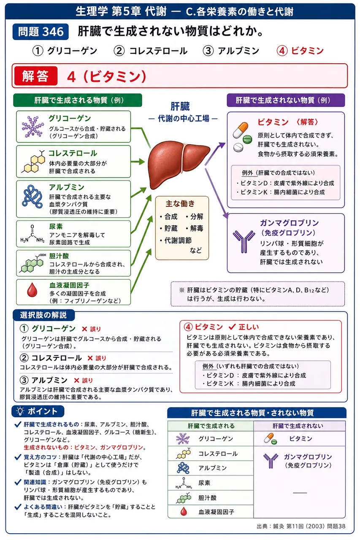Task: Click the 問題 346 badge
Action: pos(41,32)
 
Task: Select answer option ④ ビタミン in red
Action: pos(300,51)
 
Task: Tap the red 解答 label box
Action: pos(36,76)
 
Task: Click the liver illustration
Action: pos(179,165)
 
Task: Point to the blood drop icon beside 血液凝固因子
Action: pos(32,290)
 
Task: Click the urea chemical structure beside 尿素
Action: pos(32,234)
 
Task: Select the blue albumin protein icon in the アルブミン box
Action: pos(32,197)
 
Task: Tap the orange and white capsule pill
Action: pos(241,130)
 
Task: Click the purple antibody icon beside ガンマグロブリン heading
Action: pos(244,242)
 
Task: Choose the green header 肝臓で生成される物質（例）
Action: pos(78,100)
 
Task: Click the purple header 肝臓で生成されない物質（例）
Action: pos(286,100)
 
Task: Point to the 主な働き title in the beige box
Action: pos(180,204)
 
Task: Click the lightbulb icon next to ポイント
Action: pos(20,411)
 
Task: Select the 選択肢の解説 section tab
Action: pos(43,315)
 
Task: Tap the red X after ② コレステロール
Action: pos(90,358)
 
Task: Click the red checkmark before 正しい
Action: pos(232,327)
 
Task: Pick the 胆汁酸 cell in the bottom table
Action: pos(211,498)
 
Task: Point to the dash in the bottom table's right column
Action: pos(300,493)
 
